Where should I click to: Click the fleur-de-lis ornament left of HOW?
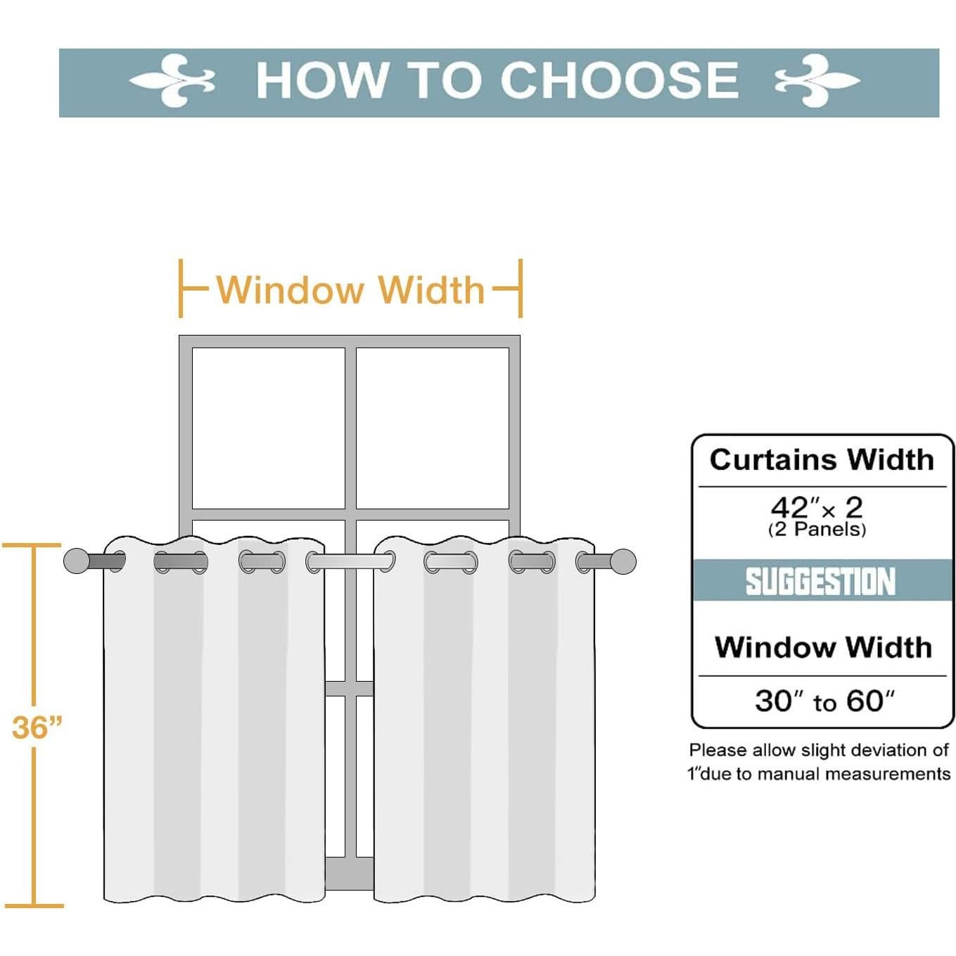click(x=172, y=81)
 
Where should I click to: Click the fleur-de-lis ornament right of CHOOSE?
click(x=817, y=81)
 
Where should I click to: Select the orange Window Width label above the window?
click(x=350, y=290)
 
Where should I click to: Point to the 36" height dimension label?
click(x=37, y=727)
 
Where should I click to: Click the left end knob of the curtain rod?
click(x=76, y=561)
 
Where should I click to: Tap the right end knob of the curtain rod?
click(x=623, y=561)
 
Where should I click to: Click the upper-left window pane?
click(x=268, y=428)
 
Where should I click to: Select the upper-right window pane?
click(x=433, y=428)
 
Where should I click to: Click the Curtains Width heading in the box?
click(x=822, y=459)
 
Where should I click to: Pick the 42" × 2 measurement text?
click(x=816, y=506)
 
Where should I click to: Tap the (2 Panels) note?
click(x=817, y=530)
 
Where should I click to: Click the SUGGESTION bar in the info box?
click(x=822, y=581)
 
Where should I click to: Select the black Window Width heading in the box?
click(x=823, y=647)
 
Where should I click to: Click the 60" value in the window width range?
click(x=870, y=701)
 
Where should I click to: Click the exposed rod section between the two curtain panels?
click(x=349, y=561)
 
